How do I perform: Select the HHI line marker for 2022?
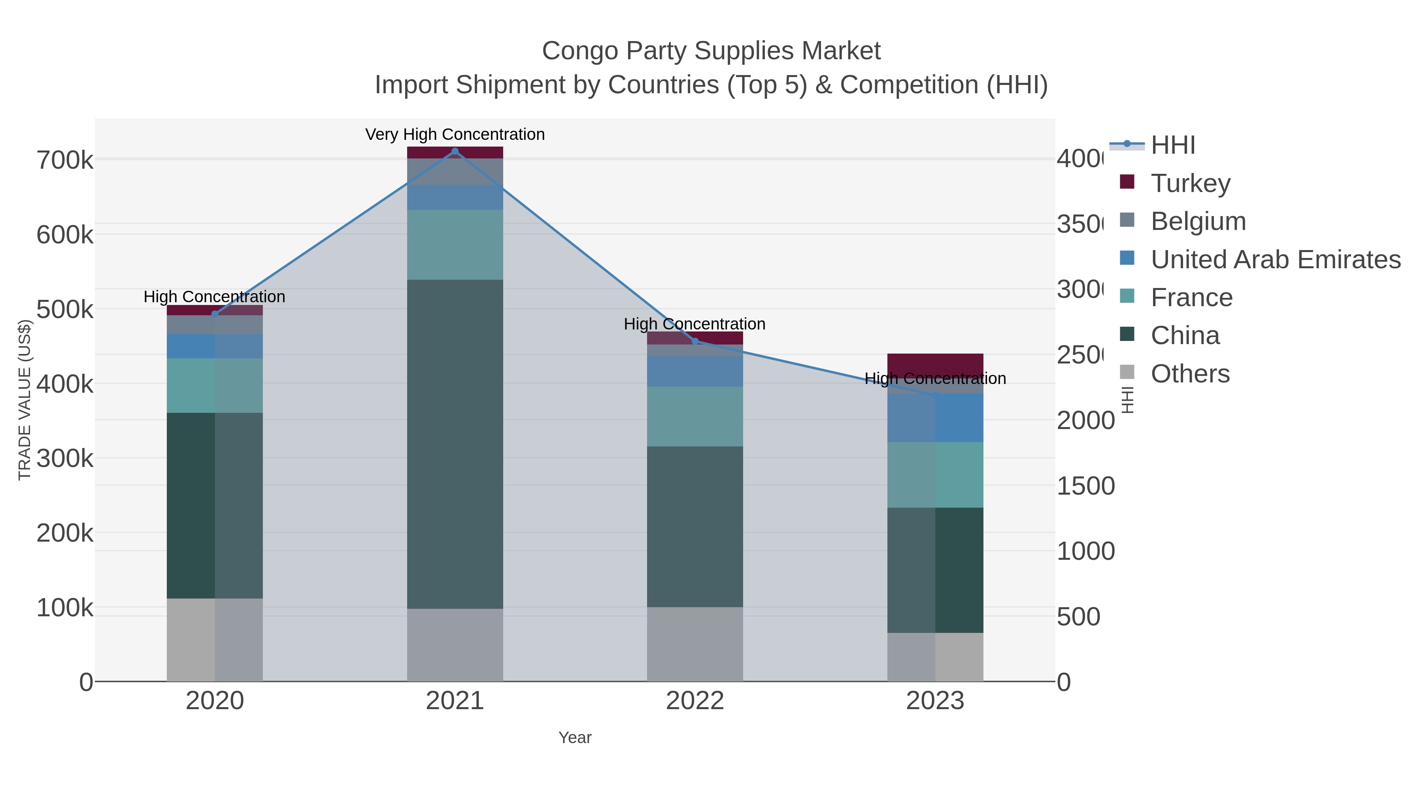click(x=695, y=341)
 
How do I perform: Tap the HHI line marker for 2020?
click(x=215, y=314)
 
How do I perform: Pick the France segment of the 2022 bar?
click(x=695, y=416)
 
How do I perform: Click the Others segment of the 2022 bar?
click(x=695, y=644)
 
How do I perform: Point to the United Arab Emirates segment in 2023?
click(x=935, y=418)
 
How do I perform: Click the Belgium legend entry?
click(x=1198, y=221)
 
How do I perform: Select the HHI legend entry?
click(x=1172, y=145)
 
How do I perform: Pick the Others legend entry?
click(x=1189, y=374)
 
